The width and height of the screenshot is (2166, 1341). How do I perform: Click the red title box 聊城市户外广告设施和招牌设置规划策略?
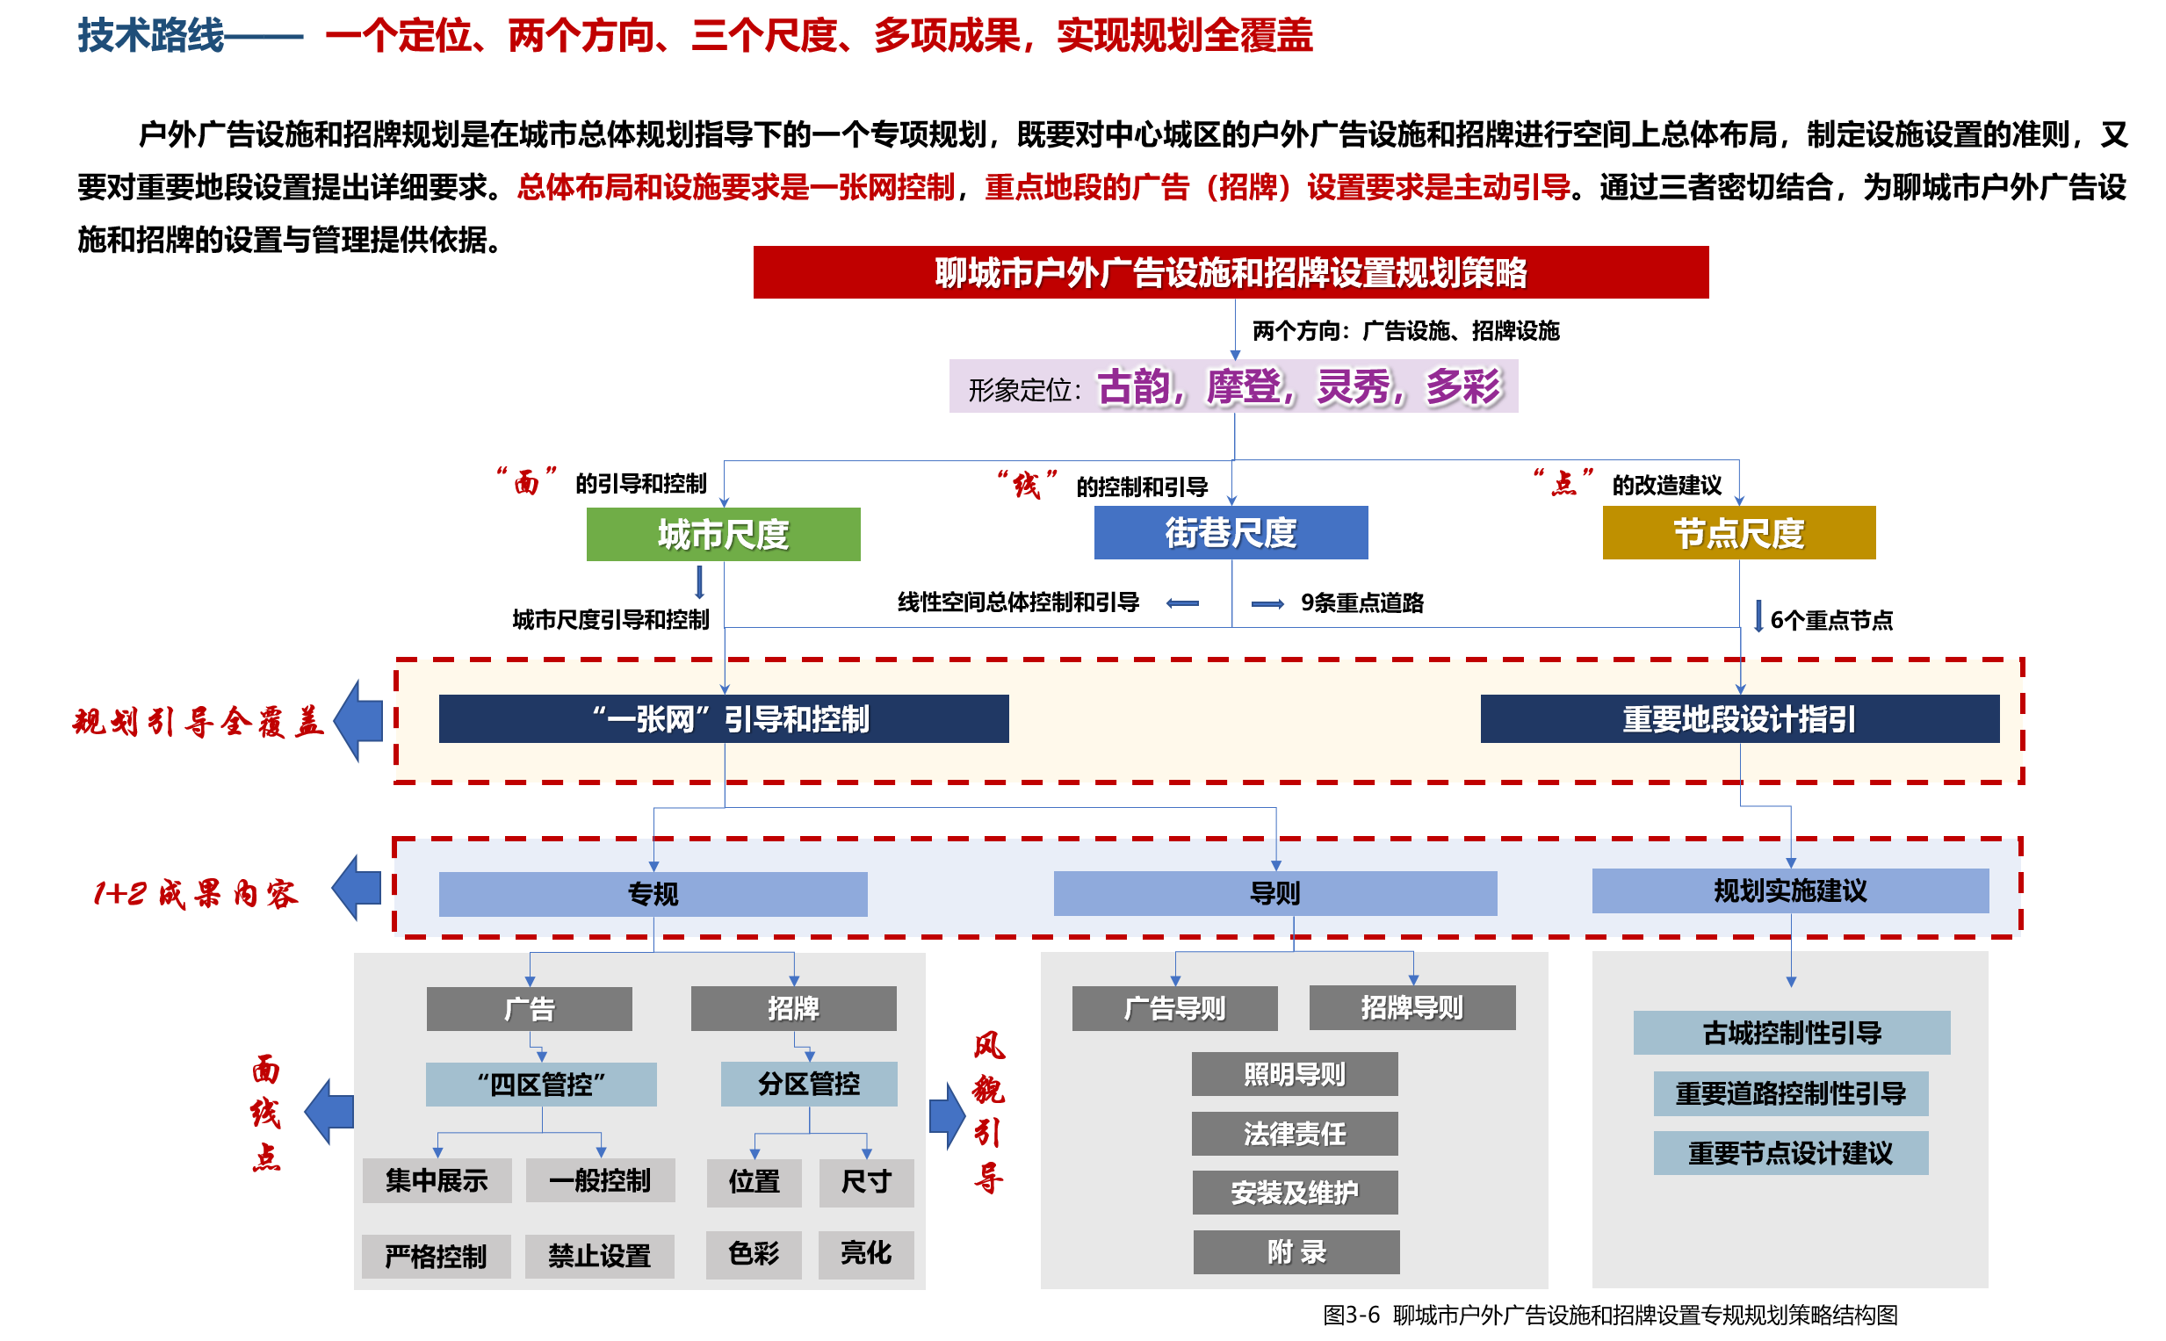click(1231, 272)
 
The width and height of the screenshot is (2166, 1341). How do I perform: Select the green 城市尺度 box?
click(723, 534)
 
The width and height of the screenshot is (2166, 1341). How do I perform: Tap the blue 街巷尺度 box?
click(1231, 532)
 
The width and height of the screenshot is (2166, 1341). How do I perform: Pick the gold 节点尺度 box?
click(1738, 532)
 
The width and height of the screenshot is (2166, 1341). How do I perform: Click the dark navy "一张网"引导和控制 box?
click(723, 718)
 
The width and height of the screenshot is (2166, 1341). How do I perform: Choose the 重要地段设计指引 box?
click(1738, 718)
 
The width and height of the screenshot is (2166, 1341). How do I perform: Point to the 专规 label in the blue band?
click(653, 893)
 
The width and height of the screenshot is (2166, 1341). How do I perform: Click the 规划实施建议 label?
click(1790, 890)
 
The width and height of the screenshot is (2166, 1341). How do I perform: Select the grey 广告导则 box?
click(1174, 1007)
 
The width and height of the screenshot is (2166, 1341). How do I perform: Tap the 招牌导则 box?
click(1412, 1007)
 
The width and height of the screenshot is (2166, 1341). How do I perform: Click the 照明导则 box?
click(1294, 1074)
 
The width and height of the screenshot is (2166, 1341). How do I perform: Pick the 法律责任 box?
click(1294, 1134)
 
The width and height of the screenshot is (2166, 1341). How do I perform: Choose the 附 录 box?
click(1296, 1251)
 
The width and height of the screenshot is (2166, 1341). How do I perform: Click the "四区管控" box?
click(541, 1084)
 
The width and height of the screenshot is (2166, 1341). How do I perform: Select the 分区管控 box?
click(809, 1083)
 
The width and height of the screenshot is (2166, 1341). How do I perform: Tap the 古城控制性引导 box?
click(1792, 1033)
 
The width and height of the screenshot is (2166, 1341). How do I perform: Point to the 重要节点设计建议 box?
click(1790, 1153)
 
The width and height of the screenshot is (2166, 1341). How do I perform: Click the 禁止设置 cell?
click(600, 1256)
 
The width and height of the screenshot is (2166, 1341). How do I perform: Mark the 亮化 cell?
click(866, 1252)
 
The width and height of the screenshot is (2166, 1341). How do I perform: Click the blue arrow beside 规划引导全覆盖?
click(360, 720)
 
